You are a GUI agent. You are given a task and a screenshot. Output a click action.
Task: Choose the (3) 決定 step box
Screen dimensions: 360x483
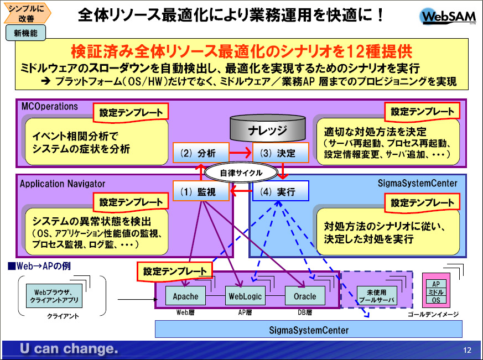pyautogui.click(x=281, y=153)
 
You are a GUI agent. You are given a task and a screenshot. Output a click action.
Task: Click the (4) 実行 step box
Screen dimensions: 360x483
pyautogui.click(x=281, y=192)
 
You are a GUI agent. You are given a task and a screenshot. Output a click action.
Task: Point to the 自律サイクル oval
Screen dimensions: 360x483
pyautogui.click(x=241, y=173)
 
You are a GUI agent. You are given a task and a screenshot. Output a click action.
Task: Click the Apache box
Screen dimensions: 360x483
pyautogui.click(x=185, y=296)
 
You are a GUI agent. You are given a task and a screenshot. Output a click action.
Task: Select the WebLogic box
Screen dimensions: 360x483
pyautogui.click(x=245, y=296)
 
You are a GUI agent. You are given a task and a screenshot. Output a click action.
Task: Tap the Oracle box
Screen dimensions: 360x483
pyautogui.click(x=304, y=296)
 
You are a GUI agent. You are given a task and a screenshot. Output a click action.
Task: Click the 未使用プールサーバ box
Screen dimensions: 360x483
pyautogui.click(x=377, y=295)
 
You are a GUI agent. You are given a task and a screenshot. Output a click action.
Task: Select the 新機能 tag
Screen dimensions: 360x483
pyautogui.click(x=25, y=33)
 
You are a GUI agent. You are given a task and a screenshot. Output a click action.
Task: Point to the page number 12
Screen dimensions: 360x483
pyautogui.click(x=467, y=350)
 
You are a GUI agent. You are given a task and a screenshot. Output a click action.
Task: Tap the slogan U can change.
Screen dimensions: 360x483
pyautogui.click(x=69, y=349)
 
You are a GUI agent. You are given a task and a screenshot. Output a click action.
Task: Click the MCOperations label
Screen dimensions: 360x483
pyautogui.click(x=49, y=106)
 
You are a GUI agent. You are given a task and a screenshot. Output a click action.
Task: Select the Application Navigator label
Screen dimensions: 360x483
pyautogui.click(x=63, y=182)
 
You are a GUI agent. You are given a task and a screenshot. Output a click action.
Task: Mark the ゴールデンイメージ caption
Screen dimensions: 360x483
pyautogui.click(x=432, y=314)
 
